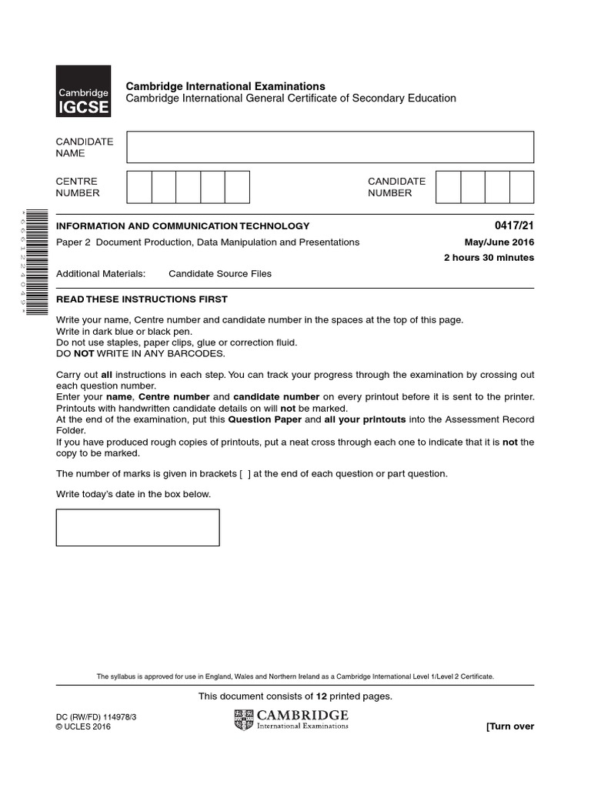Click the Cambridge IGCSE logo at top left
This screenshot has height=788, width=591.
click(83, 91)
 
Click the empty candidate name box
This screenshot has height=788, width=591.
click(330, 147)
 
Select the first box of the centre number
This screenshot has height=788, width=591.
click(139, 187)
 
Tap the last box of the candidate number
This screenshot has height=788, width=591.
click(522, 187)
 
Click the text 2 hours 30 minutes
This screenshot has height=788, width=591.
click(489, 258)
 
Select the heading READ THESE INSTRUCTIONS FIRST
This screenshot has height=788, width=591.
click(142, 299)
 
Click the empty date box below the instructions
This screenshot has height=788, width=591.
click(138, 527)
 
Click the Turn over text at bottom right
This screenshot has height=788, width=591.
click(509, 726)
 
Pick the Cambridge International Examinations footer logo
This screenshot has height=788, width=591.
click(291, 720)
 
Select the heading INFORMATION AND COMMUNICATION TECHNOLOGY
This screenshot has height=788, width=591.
click(183, 226)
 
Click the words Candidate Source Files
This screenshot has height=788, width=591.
click(220, 274)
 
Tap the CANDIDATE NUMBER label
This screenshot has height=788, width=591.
click(396, 187)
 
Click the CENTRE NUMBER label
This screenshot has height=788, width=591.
click(78, 187)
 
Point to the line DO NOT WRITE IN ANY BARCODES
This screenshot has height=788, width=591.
click(141, 353)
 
